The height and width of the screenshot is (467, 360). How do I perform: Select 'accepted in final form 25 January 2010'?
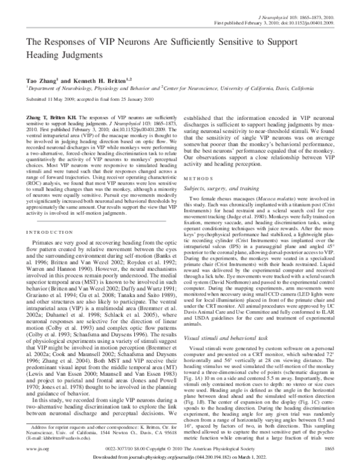pyautogui.click(x=106, y=99)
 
